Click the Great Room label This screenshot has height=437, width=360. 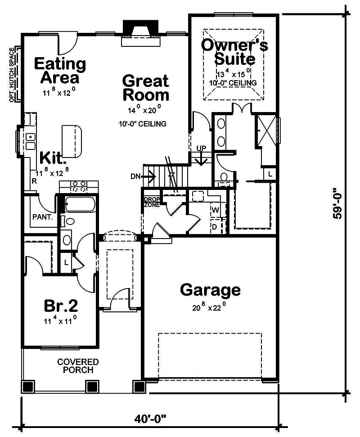coord(146,88)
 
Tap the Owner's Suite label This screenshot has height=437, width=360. coord(234,52)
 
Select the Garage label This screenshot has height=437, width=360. coord(210,290)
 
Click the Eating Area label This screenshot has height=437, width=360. coord(60,70)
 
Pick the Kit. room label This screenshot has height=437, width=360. coord(53,158)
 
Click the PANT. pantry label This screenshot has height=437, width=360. coord(43,216)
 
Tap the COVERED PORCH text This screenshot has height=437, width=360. coord(78,366)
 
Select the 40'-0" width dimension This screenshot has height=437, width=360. coord(150,419)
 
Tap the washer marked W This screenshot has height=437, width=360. coord(215,210)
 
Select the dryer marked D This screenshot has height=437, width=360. coord(215,226)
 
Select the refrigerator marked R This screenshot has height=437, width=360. coord(34,181)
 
